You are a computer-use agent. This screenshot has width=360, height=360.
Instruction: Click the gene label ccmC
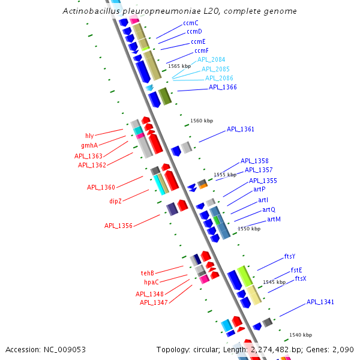point(191,23)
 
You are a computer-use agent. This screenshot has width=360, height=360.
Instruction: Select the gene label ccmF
point(202,50)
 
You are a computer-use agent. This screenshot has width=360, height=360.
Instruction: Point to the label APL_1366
point(223,88)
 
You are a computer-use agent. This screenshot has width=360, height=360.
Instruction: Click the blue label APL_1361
point(241,130)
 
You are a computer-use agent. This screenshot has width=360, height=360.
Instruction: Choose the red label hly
point(89,136)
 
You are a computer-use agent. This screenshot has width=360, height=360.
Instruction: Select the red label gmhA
point(89,145)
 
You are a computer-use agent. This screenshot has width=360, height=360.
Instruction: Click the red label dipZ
point(116,201)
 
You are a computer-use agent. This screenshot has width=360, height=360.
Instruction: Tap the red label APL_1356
point(118,226)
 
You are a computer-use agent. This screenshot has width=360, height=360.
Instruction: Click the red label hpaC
point(151,282)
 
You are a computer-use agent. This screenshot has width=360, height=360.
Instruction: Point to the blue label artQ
point(269,210)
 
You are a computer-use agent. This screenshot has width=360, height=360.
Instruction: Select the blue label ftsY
point(290,257)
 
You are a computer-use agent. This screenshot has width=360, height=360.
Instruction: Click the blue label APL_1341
point(320,302)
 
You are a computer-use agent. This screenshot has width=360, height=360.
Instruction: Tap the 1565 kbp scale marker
point(179,67)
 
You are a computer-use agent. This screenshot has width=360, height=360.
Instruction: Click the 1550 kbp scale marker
point(249,229)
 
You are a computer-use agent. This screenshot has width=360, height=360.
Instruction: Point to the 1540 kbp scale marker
point(301,335)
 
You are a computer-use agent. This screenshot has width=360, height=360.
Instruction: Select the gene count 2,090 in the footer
point(343,349)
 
